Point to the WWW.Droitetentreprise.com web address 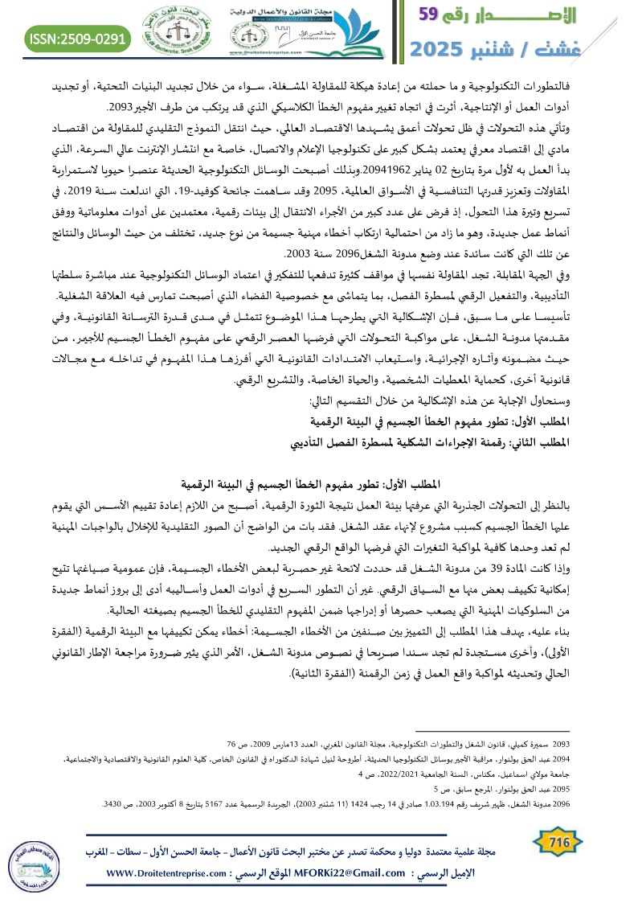(x=166, y=873)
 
